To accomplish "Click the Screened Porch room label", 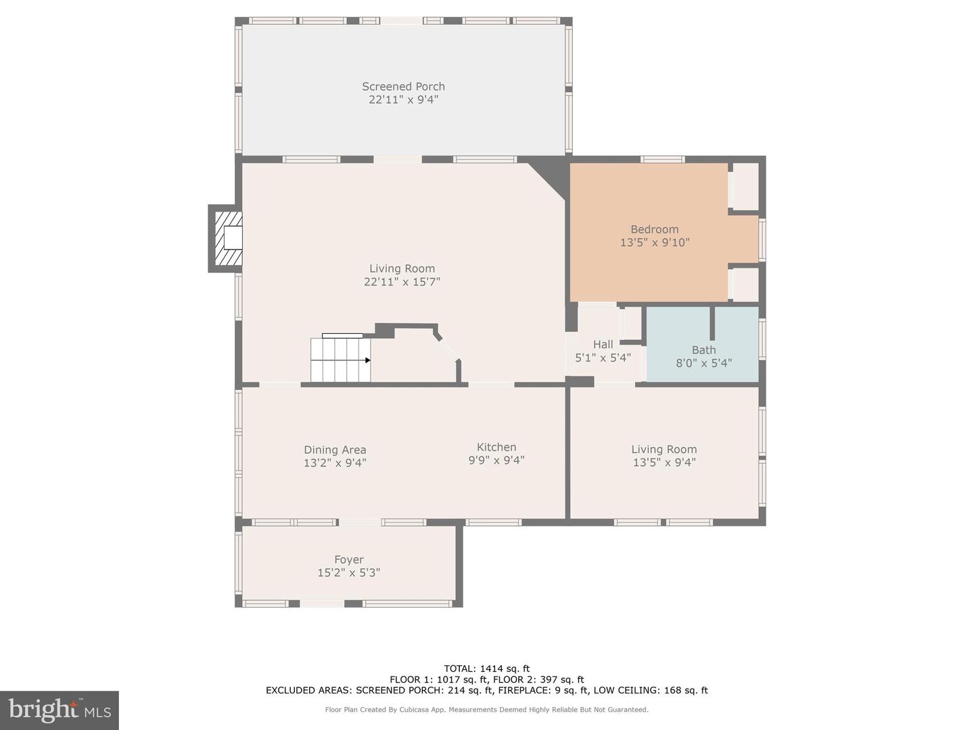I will click(x=403, y=87).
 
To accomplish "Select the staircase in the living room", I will click(x=340, y=360).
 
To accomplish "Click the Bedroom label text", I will click(x=654, y=230).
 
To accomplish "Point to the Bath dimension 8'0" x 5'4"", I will click(x=703, y=363).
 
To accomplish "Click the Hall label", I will click(x=603, y=345).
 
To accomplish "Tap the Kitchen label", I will click(x=496, y=447).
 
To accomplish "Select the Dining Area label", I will click(x=335, y=450).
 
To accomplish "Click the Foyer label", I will click(x=349, y=560).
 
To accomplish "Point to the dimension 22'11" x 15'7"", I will click(x=402, y=282).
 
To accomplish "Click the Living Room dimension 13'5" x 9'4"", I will click(x=664, y=462).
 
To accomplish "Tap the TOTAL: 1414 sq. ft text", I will click(x=486, y=669).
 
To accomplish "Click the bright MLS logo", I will click(x=60, y=710).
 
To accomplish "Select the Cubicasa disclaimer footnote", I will click(x=486, y=710).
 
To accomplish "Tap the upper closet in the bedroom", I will click(x=745, y=187).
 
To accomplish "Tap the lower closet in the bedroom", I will click(x=745, y=285).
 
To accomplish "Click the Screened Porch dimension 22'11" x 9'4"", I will click(x=403, y=99).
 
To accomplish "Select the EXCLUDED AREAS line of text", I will click(x=486, y=690).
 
